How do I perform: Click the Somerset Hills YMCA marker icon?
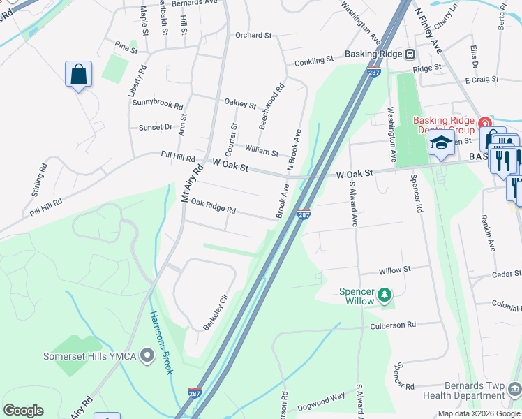pyautogui.click(x=147, y=357)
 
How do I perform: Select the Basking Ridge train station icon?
pyautogui.click(x=410, y=54)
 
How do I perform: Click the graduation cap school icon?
pyautogui.click(x=441, y=143)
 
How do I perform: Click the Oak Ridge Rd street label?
pyautogui.click(x=214, y=207)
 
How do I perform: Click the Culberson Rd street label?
pyautogui.click(x=392, y=325)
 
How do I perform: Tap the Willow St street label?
pyautogui.click(x=395, y=270)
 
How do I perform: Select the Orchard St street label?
pyautogui.click(x=253, y=35)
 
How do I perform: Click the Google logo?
pyautogui.click(x=23, y=410)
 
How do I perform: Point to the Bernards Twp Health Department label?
pyautogui.click(x=474, y=391)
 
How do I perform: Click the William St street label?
pyautogui.click(x=262, y=149)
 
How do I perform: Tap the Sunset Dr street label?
pyautogui.click(x=155, y=127)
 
